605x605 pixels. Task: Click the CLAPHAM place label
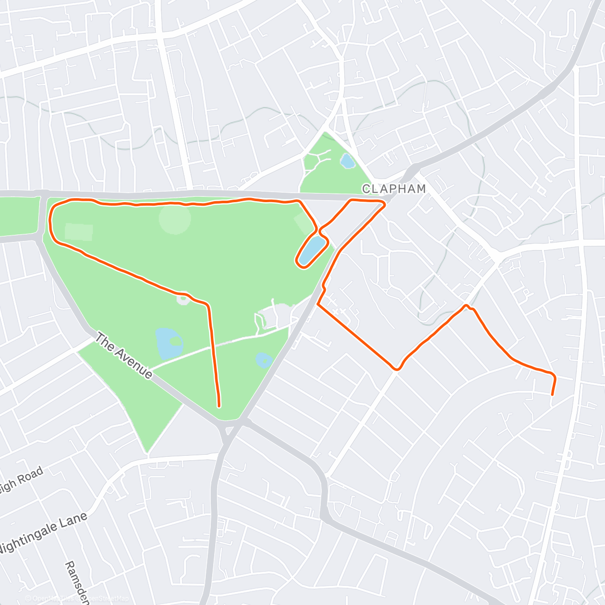point(394,189)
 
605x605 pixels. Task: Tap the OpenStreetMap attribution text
point(78,598)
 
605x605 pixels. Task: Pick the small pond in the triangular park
point(346,161)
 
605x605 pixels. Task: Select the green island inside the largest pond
point(175,341)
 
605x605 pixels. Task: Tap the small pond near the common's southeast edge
point(264,360)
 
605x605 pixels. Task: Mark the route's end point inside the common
point(219,405)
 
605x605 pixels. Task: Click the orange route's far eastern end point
point(552,394)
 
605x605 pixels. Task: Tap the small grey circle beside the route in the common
point(183,300)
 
